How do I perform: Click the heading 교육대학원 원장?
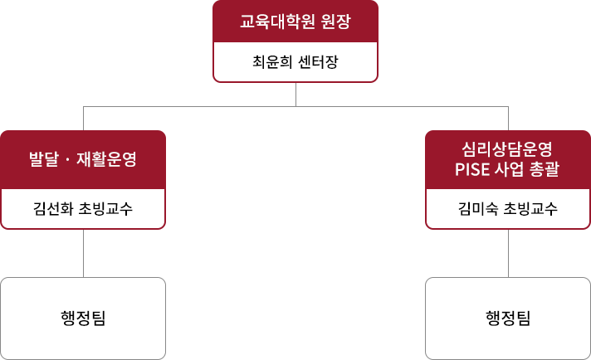coord(295,22)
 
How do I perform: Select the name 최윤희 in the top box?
coord(272,61)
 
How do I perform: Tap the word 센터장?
coord(319,61)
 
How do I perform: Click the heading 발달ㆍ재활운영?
coord(83,159)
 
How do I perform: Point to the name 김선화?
coord(53,208)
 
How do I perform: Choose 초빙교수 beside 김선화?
coord(106,208)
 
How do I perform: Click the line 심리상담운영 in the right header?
coord(507,149)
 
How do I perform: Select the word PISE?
coord(472,169)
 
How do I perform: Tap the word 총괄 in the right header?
coord(545,169)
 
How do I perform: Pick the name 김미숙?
coord(478,208)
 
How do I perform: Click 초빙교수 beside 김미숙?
coord(530,208)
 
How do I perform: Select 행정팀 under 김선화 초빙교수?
coord(83,319)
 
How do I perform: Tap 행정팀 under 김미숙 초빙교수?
coord(508,319)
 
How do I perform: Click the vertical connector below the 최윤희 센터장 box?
coord(295,95)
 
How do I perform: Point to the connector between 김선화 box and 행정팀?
coord(83,253)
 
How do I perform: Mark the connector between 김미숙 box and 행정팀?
coord(509,253)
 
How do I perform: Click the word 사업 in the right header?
coord(509,169)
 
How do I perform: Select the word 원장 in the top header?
coord(336,22)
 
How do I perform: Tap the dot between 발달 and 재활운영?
coord(68,159)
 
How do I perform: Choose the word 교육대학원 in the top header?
coord(277,22)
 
